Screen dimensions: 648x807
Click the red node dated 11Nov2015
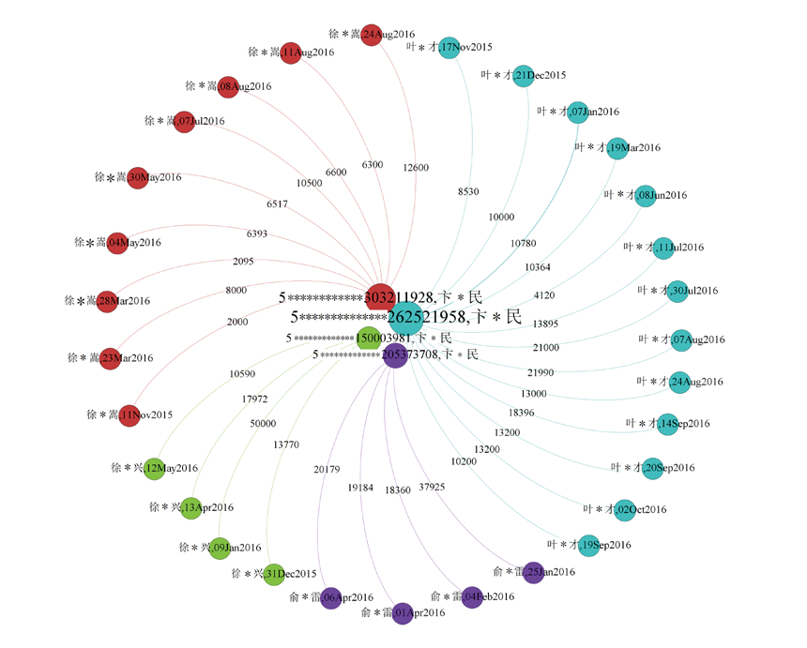pyautogui.click(x=129, y=414)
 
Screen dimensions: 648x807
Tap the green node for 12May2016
pyautogui.click(x=154, y=468)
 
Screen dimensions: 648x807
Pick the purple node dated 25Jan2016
pyautogui.click(x=533, y=572)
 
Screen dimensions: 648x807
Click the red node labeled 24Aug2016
pyautogui.click(x=371, y=35)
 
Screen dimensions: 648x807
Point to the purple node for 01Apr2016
pyautogui.click(x=402, y=613)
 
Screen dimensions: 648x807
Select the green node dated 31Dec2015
pyautogui.click(x=273, y=574)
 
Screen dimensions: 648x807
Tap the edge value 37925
pyautogui.click(x=432, y=487)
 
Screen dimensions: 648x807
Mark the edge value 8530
pyautogui.click(x=468, y=191)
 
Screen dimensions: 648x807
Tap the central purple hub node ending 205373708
pyautogui.click(x=395, y=355)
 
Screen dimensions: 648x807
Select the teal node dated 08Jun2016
pyautogui.click(x=645, y=196)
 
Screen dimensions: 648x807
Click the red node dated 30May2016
pyautogui.click(x=138, y=176)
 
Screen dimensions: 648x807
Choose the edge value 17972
pyautogui.click(x=254, y=399)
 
